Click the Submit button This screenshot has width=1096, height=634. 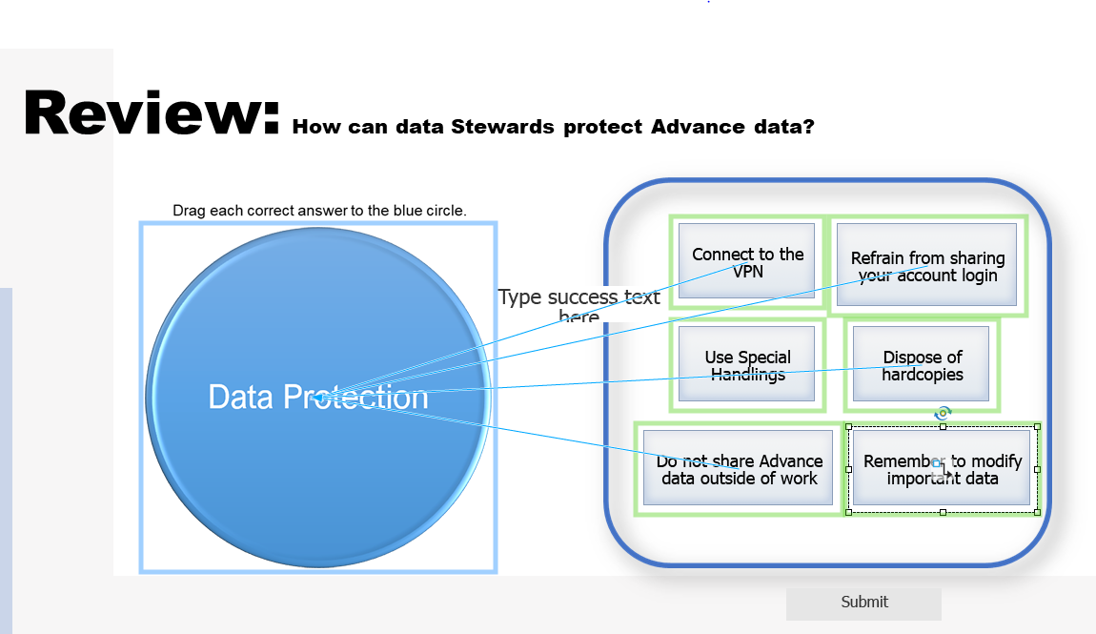coord(863,603)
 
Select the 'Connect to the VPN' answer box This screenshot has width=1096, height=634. coord(747,261)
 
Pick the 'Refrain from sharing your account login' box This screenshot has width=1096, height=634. coord(926,266)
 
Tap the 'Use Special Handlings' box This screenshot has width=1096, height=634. coord(747,365)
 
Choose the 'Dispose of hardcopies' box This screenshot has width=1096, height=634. coord(921,365)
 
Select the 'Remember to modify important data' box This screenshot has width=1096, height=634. coord(942,468)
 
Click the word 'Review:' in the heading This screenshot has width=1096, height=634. coord(151,112)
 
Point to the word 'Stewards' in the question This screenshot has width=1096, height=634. coord(501,127)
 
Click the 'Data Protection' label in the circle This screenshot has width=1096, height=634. coord(317,397)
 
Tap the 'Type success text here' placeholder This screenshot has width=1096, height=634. coord(578,305)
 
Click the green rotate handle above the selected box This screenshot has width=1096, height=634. coord(943,413)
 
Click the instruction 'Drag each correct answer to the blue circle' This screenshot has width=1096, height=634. coord(319,210)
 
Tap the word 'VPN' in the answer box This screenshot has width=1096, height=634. coord(748,272)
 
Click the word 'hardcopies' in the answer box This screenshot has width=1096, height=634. coord(922,375)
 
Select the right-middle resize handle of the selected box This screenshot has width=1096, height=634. coord(1037,469)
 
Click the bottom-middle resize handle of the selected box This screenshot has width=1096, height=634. coord(943,513)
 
